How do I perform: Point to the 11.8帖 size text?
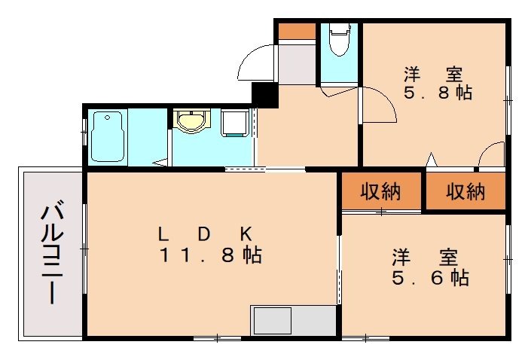pos(210,255)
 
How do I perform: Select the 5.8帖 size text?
pos(437,94)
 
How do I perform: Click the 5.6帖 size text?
pos(429,278)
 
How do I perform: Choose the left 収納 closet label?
pos(380,192)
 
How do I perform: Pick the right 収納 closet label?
pos(465,192)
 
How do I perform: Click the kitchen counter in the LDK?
pos(294,321)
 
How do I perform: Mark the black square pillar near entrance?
pos(264,94)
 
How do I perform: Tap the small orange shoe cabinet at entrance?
pos(295,32)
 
